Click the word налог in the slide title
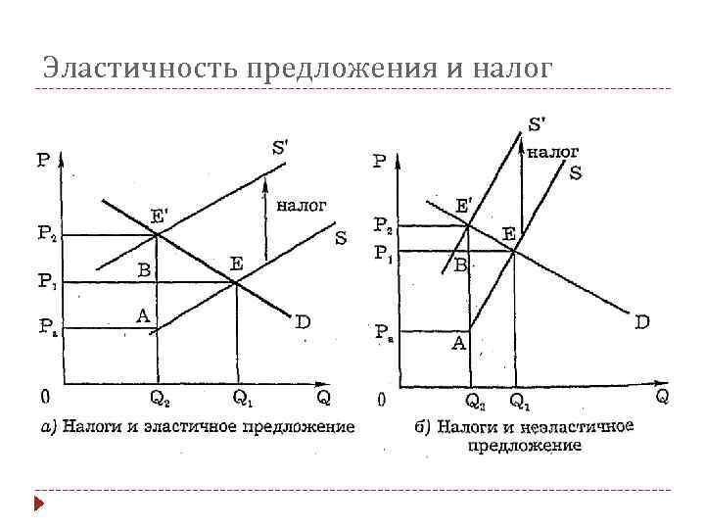tap(512, 69)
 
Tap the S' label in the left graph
tap(280, 148)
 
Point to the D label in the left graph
tap(304, 321)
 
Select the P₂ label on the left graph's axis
tap(47, 233)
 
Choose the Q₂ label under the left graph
tap(160, 398)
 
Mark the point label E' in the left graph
tap(158, 216)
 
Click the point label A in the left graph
tap(143, 314)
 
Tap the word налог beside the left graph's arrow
tap(302, 205)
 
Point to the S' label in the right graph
tap(538, 124)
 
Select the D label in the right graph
tap(642, 320)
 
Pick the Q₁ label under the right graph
tap(521, 399)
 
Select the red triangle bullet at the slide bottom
tap(39, 504)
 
